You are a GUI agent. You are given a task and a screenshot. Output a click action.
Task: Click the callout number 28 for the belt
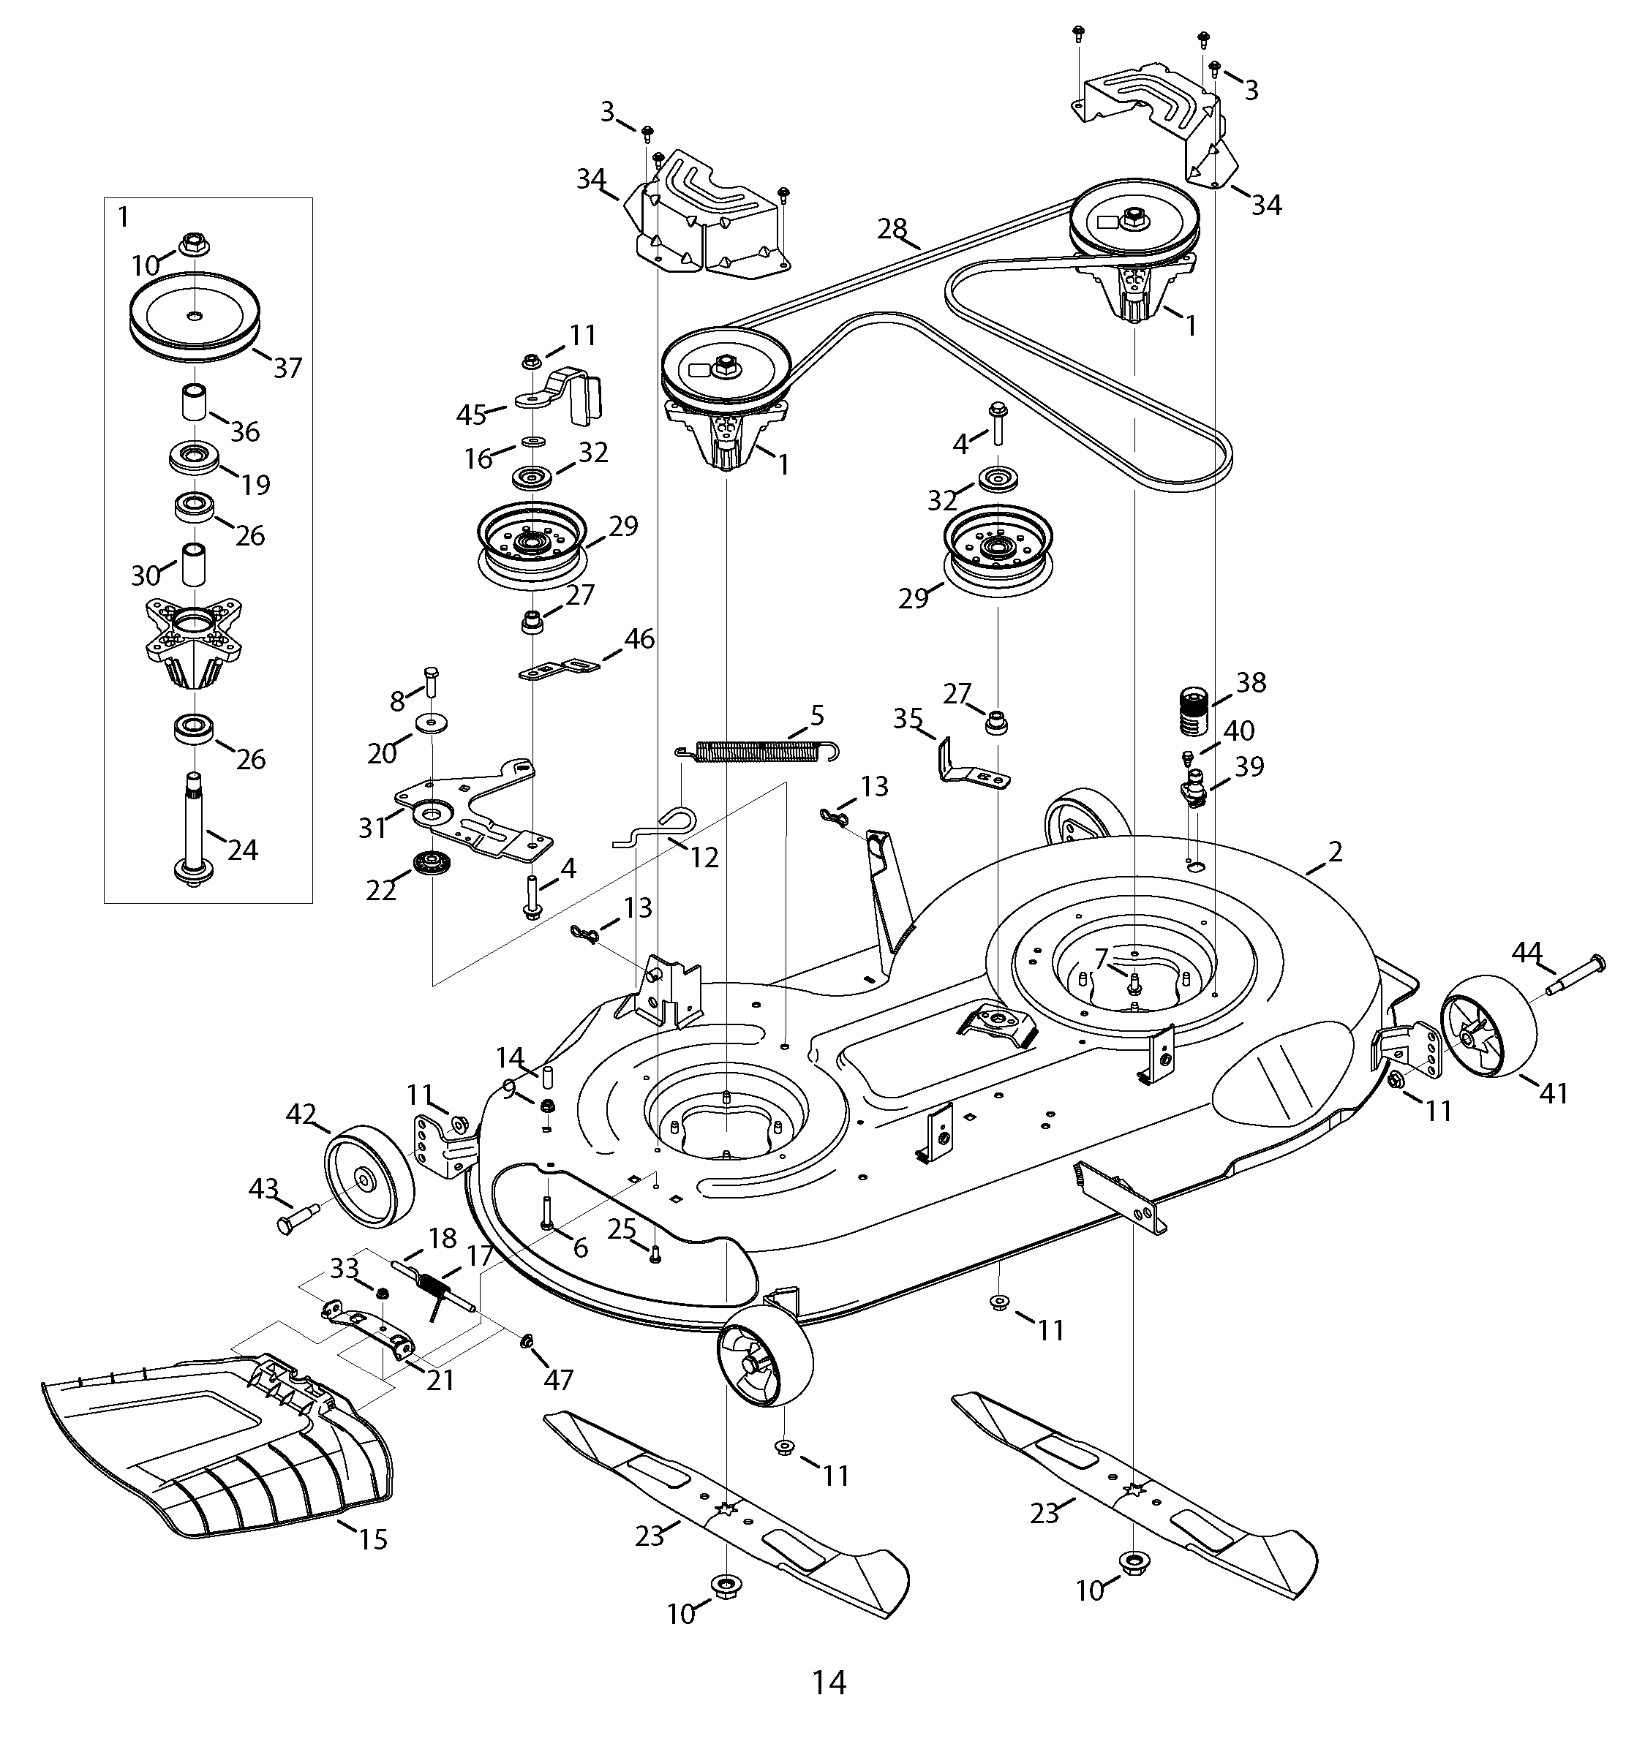click(892, 229)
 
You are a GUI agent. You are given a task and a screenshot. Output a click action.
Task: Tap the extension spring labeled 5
click(760, 750)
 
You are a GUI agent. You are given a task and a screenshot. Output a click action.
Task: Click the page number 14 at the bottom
click(828, 1683)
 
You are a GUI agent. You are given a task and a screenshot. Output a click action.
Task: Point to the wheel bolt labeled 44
click(1570, 975)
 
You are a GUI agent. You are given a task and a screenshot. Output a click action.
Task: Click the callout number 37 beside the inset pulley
click(287, 368)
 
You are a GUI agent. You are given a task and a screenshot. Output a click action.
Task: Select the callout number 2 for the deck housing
click(1334, 851)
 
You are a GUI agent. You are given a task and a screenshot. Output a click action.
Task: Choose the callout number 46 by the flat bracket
click(639, 640)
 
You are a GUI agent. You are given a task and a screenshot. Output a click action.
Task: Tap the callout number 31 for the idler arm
click(372, 827)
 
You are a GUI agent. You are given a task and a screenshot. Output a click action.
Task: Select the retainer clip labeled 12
click(658, 829)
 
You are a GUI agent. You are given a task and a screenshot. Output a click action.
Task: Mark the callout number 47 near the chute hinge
click(558, 1380)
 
